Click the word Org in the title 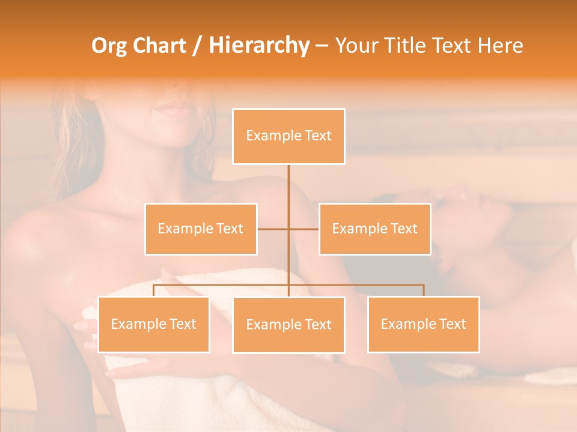109,46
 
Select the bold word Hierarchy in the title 258,46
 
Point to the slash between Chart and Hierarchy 197,46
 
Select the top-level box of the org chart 288,136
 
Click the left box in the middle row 201,229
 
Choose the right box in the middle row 374,229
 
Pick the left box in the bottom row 153,324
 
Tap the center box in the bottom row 288,325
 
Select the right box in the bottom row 423,324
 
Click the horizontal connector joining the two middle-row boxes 304,229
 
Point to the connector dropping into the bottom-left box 153,290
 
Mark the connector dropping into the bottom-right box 423,290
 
